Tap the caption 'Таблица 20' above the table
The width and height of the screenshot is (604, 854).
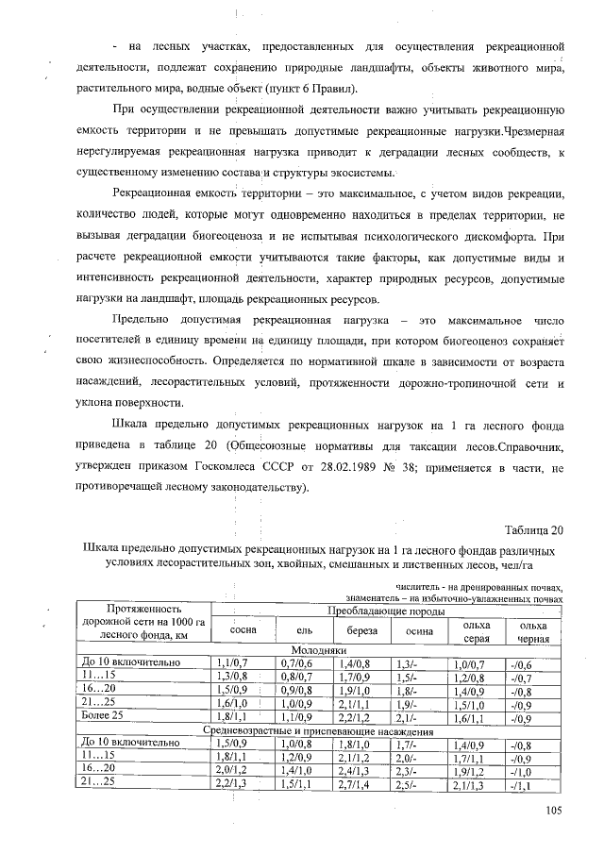534,528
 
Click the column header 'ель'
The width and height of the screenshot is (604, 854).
292,629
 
